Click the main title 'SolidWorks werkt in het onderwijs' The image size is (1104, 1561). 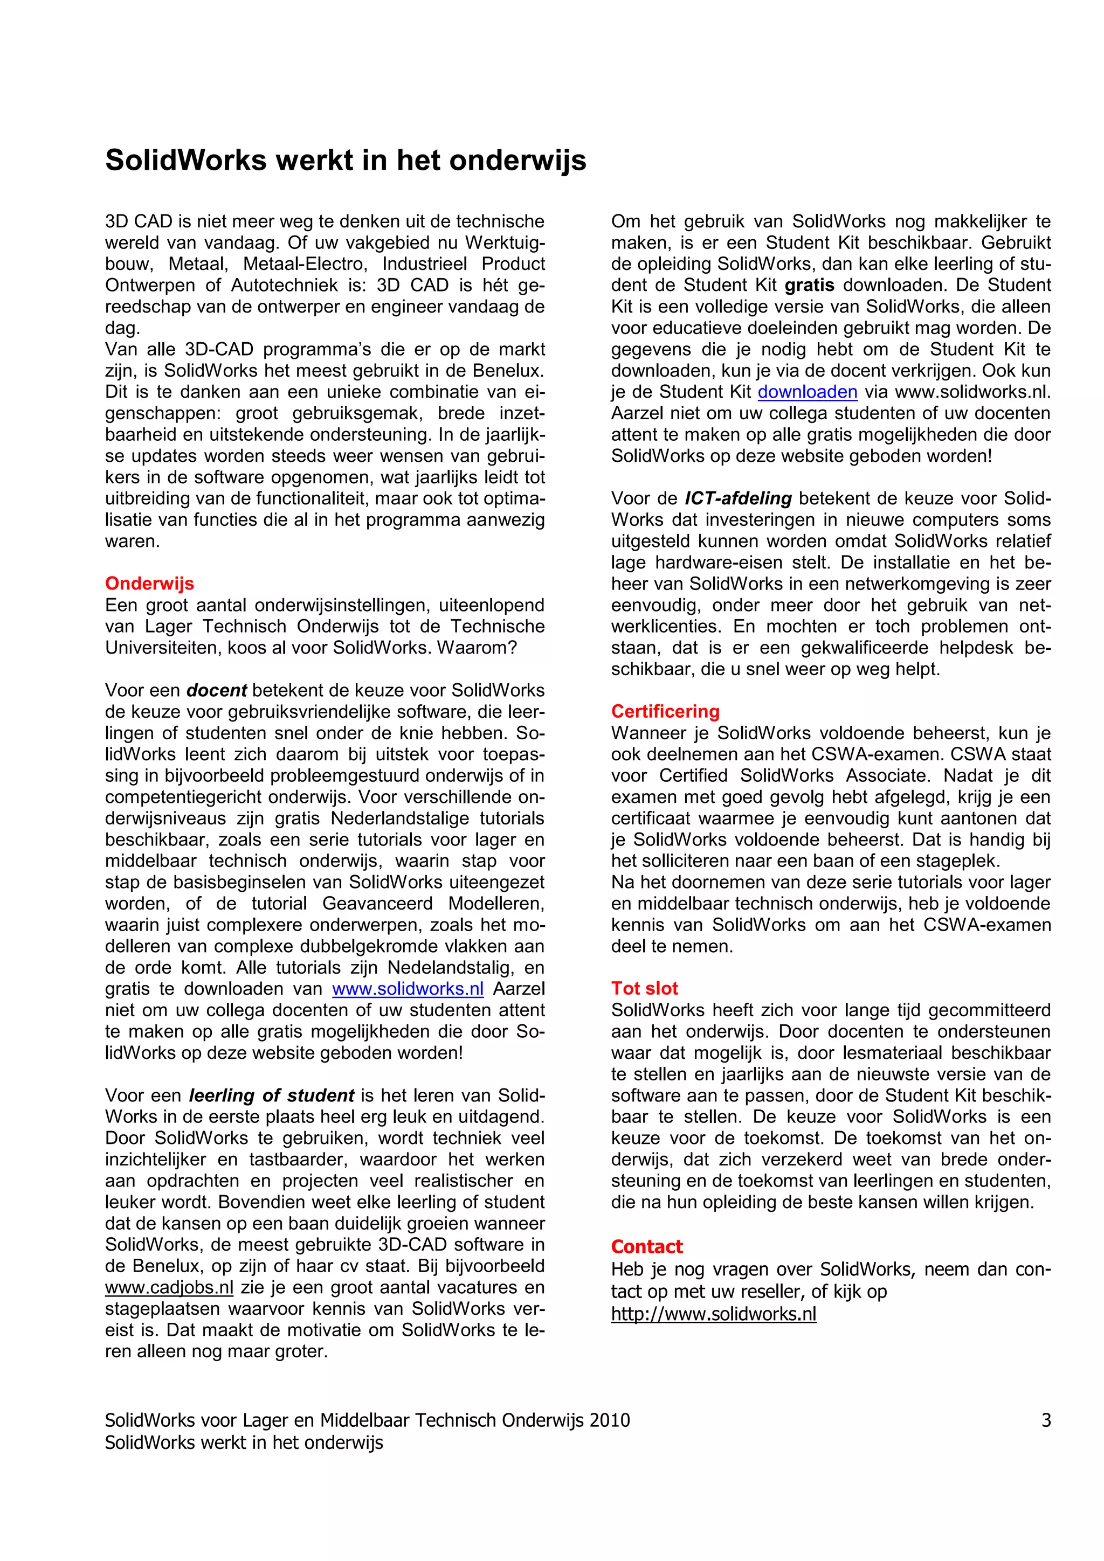tap(345, 161)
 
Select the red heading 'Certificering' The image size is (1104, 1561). tap(665, 711)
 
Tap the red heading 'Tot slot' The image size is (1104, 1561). tap(644, 989)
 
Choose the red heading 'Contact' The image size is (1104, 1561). tap(646, 1246)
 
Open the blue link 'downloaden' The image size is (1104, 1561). tap(807, 392)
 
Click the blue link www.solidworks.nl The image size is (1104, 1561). tap(408, 989)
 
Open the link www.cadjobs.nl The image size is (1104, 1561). tap(169, 1288)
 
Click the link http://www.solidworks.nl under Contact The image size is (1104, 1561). tap(713, 1314)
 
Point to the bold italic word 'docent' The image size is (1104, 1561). tap(216, 690)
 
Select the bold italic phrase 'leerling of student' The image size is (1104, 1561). tap(271, 1095)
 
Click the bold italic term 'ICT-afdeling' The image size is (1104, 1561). tap(738, 498)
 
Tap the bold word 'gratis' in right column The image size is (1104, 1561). tap(810, 285)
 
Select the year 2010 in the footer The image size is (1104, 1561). tap(610, 1420)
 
